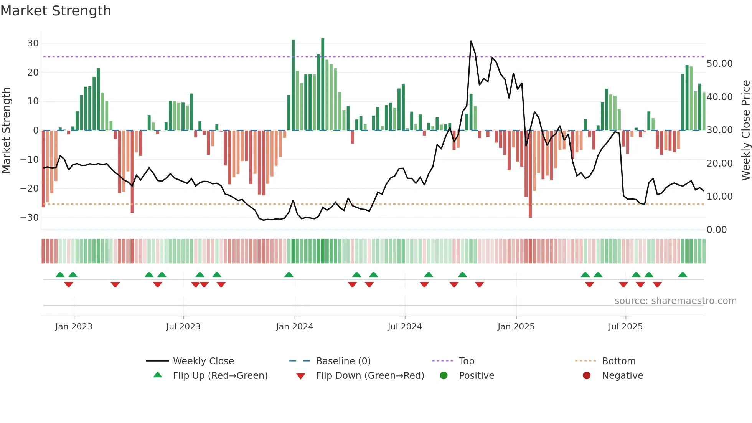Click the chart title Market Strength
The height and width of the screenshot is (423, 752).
pos(56,11)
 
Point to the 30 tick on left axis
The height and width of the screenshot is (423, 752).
pos(33,43)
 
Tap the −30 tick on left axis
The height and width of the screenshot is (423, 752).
pos(30,218)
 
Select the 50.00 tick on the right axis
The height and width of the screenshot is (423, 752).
pos(719,64)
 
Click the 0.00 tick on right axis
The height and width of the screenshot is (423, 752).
pos(716,230)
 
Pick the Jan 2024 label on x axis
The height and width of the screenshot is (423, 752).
pos(294,327)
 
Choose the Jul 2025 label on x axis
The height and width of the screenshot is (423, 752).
pos(625,327)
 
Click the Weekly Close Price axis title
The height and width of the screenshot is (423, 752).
pos(745,131)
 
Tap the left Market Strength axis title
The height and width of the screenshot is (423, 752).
pos(7,131)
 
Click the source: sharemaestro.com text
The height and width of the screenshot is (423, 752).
pos(675,301)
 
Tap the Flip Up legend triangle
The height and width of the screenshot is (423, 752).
pos(158,375)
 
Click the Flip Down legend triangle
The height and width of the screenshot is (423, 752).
pos(301,376)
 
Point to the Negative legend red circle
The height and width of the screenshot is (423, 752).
pos(586,375)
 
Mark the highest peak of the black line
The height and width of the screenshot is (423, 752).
pos(471,41)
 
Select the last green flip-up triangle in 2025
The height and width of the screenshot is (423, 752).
pos(683,274)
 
